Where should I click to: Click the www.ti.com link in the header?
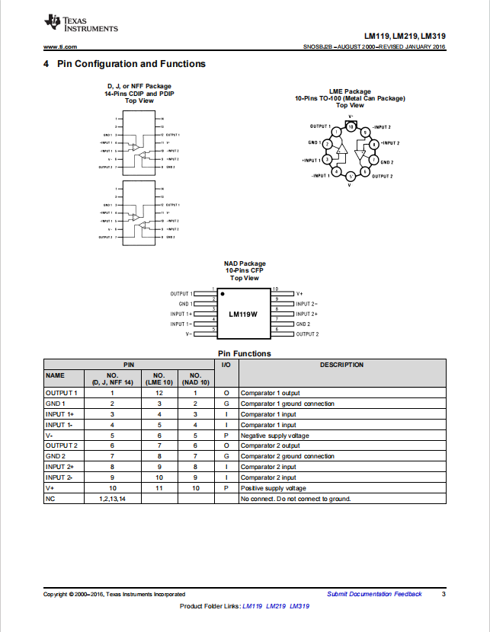pos(59,47)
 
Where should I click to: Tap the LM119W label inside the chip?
pos(243,314)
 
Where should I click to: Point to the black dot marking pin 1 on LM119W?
pos(222,293)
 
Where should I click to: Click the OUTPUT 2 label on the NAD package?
pos(307,334)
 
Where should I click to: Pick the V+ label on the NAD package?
pos(299,293)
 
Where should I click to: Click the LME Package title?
pos(351,91)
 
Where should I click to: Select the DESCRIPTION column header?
pos(341,365)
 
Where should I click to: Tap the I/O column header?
pos(226,365)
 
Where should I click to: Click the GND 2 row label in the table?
pos(56,456)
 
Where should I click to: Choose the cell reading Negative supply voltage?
pos(275,435)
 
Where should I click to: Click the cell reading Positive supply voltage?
pos(274,488)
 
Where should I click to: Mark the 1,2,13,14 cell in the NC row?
pos(112,499)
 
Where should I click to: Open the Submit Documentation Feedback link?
pos(374,594)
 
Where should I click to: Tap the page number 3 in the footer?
pos(444,594)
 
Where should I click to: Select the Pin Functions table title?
pos(244,353)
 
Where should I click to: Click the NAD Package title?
pos(245,263)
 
